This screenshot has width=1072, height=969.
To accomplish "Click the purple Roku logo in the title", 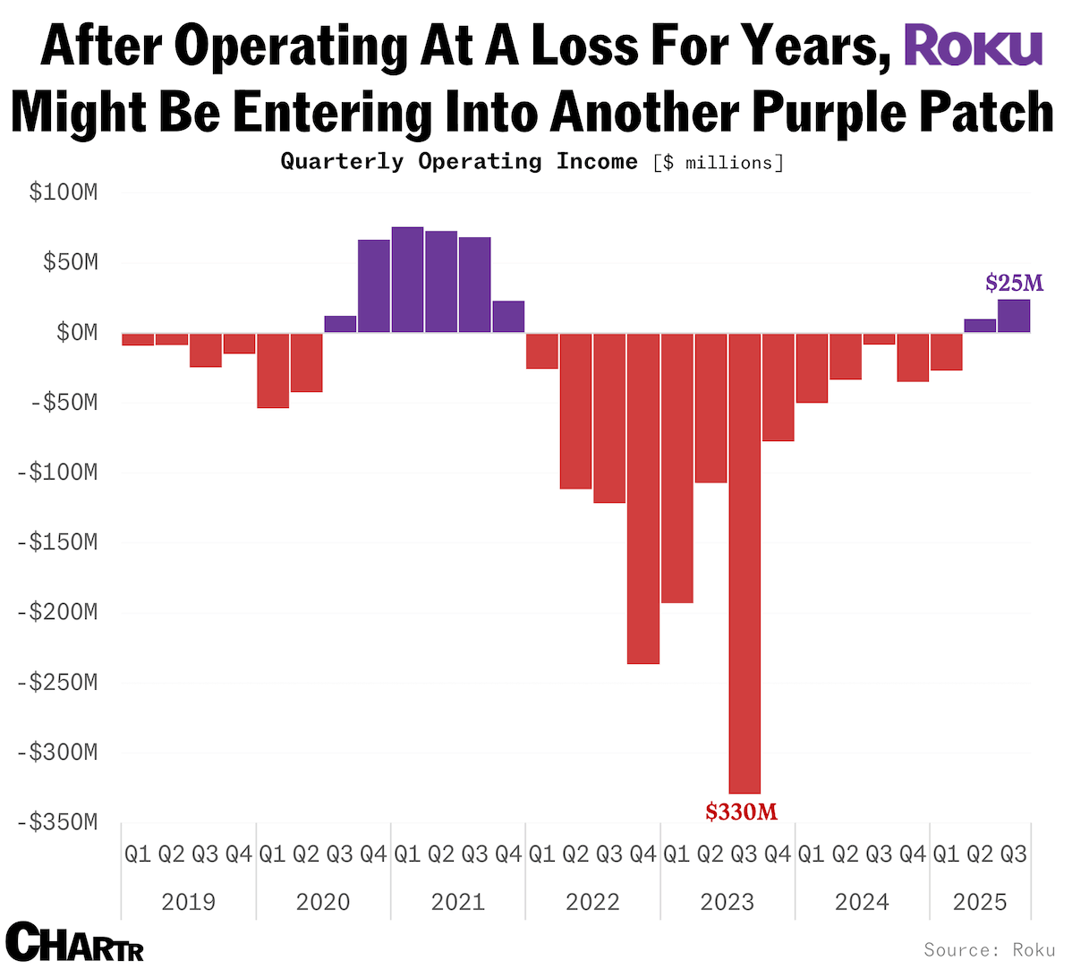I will tap(974, 47).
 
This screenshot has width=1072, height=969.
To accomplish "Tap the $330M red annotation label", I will tap(741, 812).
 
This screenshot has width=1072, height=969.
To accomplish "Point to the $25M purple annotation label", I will tap(1014, 284).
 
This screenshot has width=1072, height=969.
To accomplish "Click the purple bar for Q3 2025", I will tap(1013, 316).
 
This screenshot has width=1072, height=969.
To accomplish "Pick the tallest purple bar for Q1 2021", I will tap(407, 279).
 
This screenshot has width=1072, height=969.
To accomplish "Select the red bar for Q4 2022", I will tap(642, 497).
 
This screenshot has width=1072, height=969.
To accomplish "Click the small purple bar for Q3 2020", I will tap(340, 324).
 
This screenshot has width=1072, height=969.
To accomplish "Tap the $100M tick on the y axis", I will tap(63, 192).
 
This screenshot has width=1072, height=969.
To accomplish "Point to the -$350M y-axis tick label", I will tap(57, 822).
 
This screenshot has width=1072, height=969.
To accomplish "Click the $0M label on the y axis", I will tap(76, 333).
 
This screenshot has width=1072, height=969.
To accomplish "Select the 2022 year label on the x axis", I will tap(592, 902).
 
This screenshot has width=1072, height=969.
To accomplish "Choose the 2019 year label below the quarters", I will tap(188, 902).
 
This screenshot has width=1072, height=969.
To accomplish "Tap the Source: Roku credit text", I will tap(990, 949).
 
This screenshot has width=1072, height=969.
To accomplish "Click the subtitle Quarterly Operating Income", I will tap(459, 162).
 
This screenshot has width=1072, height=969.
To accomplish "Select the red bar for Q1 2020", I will tap(273, 370).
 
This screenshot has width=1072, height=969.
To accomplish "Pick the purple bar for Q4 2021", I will tap(508, 317).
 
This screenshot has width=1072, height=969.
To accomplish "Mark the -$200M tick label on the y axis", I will tap(57, 612).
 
